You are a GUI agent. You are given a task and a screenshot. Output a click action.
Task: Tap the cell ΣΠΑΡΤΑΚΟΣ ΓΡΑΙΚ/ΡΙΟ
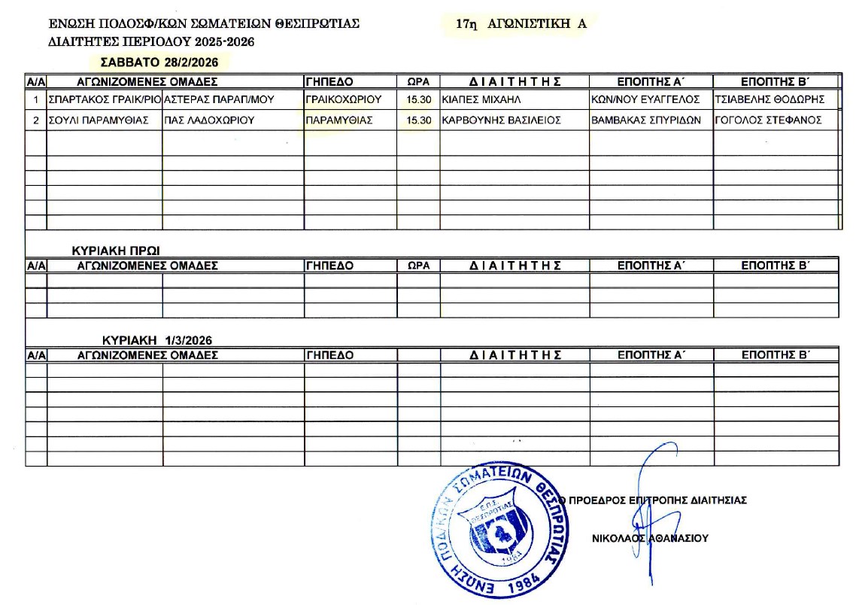tap(105, 99)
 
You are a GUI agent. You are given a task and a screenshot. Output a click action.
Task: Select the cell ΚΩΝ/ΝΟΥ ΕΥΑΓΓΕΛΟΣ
tap(646, 99)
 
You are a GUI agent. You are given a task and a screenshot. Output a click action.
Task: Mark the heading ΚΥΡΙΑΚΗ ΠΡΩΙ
tap(116, 250)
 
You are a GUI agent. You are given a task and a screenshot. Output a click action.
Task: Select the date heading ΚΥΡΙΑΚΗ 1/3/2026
tap(157, 340)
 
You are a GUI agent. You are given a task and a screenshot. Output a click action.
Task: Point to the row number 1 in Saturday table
tap(36, 99)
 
